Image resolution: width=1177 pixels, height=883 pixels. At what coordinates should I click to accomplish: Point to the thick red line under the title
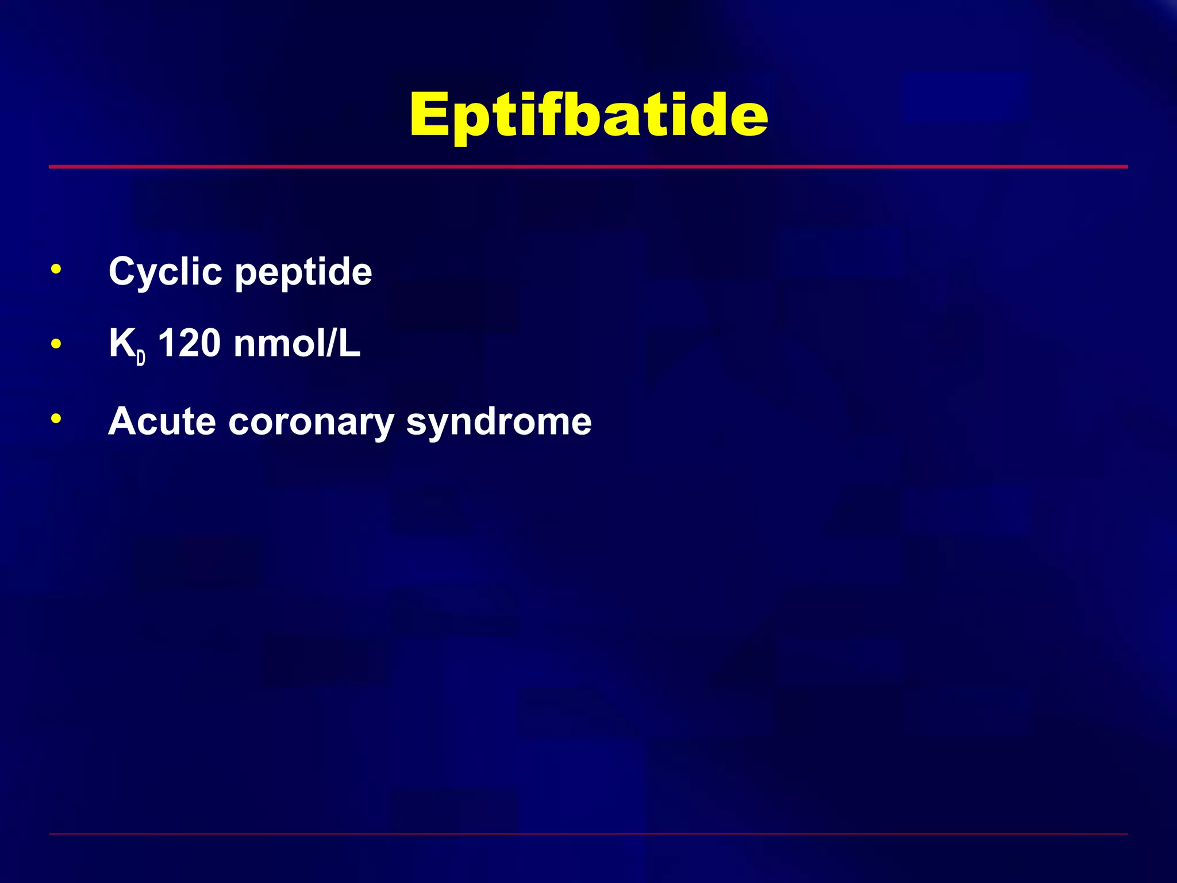588,167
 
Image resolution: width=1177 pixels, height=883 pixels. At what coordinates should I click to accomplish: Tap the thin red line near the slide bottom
588,834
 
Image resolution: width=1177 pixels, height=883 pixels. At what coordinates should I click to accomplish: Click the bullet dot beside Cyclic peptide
56,269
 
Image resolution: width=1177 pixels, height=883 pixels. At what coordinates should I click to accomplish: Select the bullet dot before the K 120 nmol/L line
56,344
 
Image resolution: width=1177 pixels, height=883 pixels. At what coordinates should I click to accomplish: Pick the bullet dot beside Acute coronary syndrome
56,419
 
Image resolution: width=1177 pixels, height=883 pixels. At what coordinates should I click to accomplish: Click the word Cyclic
165,271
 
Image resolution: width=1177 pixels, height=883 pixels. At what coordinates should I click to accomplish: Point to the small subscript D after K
141,358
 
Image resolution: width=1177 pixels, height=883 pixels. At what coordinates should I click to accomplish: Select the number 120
189,343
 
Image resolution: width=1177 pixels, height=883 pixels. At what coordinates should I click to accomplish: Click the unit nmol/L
297,343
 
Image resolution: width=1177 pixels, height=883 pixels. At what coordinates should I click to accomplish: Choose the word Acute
162,421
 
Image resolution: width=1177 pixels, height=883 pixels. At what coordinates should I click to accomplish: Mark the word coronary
311,423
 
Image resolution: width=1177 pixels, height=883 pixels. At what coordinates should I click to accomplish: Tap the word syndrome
499,423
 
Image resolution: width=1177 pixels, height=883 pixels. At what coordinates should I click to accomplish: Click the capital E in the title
430,115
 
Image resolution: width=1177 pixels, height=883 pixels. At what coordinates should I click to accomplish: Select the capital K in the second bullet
122,343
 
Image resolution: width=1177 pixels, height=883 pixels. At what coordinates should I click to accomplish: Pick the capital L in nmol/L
349,343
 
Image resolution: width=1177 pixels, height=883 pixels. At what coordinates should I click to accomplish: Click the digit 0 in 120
209,343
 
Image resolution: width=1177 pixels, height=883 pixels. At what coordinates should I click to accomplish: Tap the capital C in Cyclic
123,271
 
